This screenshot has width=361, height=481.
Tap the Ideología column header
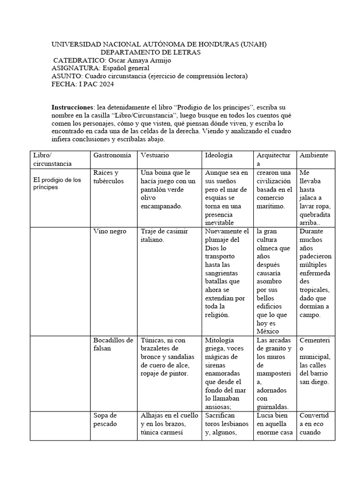[219, 155]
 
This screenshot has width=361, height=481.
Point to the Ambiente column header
[314, 155]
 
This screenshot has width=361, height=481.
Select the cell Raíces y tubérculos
[106, 177]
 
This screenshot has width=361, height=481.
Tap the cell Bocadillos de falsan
[113, 344]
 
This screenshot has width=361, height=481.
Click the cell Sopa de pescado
[106, 420]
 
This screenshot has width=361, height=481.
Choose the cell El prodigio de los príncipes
[57, 184]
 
